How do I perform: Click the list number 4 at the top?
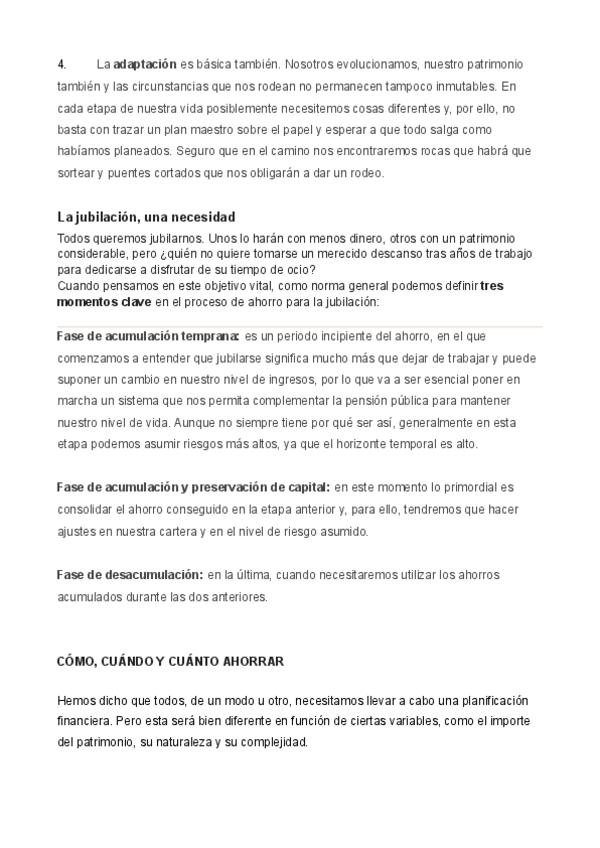[60, 65]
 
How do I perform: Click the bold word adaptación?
[145, 65]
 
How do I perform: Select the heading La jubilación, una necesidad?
[146, 217]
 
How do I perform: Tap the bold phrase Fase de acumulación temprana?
[147, 336]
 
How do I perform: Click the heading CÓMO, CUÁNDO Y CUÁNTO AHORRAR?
[170, 662]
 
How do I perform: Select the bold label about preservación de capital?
[193, 487]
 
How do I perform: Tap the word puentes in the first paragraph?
[125, 173]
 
